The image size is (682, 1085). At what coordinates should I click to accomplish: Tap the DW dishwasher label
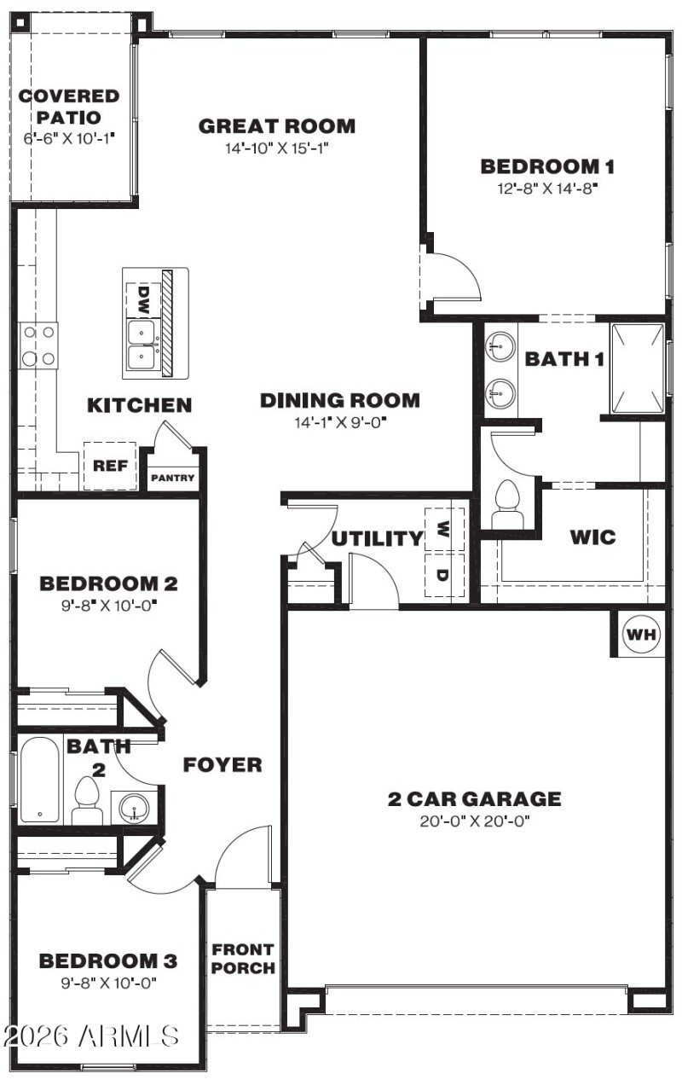[143, 298]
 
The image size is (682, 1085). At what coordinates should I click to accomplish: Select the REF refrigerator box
[109, 466]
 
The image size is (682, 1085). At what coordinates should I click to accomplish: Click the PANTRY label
[173, 479]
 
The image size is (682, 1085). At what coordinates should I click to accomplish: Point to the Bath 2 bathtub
[40, 780]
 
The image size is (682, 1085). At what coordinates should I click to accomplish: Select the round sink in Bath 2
[133, 806]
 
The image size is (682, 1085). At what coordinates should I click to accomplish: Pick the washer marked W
[444, 530]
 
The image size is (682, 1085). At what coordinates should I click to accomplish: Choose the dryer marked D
[444, 575]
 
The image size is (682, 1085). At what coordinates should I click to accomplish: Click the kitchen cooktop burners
[38, 345]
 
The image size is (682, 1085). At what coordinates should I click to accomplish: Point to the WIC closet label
[593, 537]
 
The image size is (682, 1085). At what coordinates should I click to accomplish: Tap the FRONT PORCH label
[243, 959]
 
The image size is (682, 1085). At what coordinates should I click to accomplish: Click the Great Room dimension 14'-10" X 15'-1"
[277, 148]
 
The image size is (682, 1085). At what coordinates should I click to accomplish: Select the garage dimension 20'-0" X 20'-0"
[475, 821]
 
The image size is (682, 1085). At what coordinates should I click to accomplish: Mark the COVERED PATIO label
[69, 107]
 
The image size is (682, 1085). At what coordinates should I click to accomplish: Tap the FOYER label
[223, 765]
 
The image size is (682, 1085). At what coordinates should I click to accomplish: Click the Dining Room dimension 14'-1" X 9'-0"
[339, 421]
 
